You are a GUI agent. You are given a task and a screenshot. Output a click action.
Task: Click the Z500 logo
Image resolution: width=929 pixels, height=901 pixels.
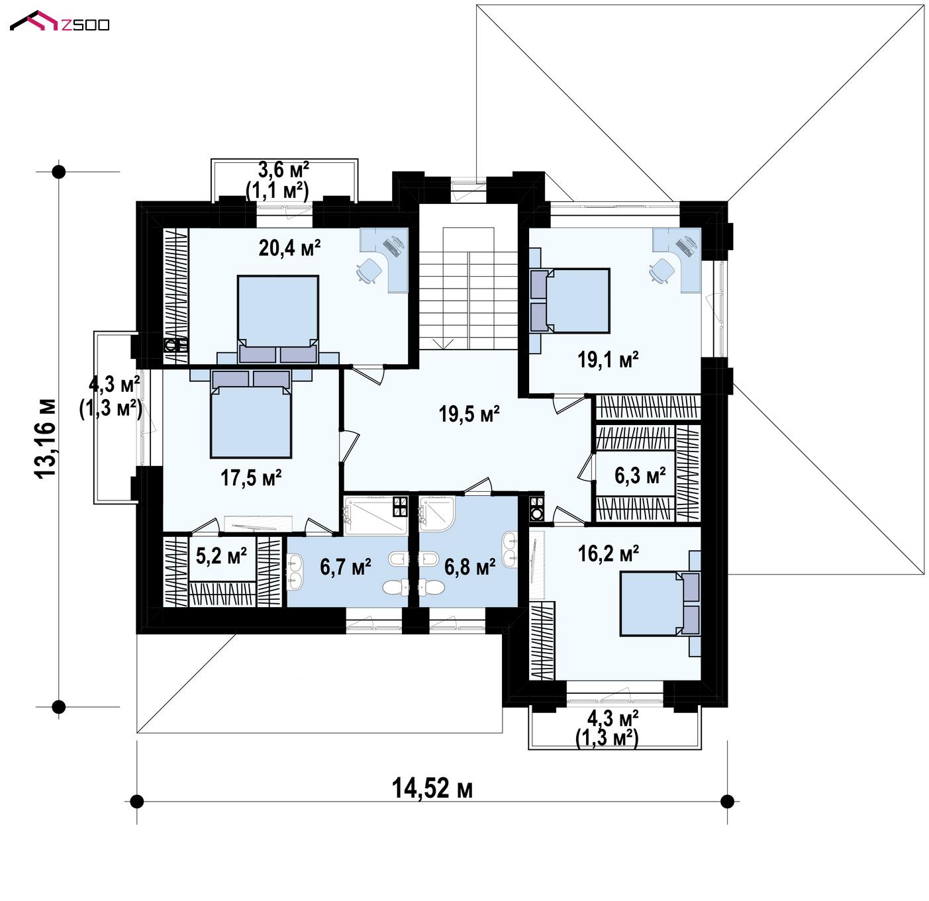[60, 21]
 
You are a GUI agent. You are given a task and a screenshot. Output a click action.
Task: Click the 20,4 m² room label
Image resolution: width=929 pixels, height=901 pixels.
[289, 248]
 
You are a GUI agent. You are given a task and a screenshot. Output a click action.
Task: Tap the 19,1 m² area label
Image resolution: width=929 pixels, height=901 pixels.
[608, 359]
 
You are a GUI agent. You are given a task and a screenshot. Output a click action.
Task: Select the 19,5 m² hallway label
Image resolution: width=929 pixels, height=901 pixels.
[469, 414]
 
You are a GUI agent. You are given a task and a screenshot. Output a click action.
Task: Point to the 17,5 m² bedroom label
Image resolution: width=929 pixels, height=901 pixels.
[251, 477]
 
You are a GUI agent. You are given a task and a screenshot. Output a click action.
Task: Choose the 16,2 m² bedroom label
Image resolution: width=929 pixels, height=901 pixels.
[608, 553]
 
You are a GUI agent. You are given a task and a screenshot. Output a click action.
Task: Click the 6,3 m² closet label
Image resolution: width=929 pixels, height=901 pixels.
[640, 475]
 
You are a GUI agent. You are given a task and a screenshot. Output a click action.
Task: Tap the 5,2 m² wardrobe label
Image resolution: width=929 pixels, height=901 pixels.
[221, 555]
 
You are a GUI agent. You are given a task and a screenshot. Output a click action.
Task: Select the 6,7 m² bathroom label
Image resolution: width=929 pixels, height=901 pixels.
[345, 567]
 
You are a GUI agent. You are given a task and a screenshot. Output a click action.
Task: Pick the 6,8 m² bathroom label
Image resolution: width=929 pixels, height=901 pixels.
[469, 567]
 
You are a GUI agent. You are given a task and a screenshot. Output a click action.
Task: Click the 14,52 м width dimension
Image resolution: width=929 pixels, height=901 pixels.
[432, 788]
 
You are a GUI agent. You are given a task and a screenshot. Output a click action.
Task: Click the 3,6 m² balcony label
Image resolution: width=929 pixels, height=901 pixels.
[283, 169]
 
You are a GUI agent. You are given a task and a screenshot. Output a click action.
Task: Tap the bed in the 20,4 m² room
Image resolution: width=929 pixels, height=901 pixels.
[278, 318]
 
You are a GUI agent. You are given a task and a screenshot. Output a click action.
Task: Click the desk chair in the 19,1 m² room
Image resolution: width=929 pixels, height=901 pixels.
[662, 271]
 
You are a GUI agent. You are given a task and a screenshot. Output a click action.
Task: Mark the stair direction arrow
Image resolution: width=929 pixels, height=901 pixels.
[443, 343]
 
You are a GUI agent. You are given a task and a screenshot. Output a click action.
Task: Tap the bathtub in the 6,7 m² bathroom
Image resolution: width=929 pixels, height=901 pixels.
[375, 516]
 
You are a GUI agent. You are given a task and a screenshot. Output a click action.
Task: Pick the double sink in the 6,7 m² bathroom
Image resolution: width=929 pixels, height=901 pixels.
[295, 571]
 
